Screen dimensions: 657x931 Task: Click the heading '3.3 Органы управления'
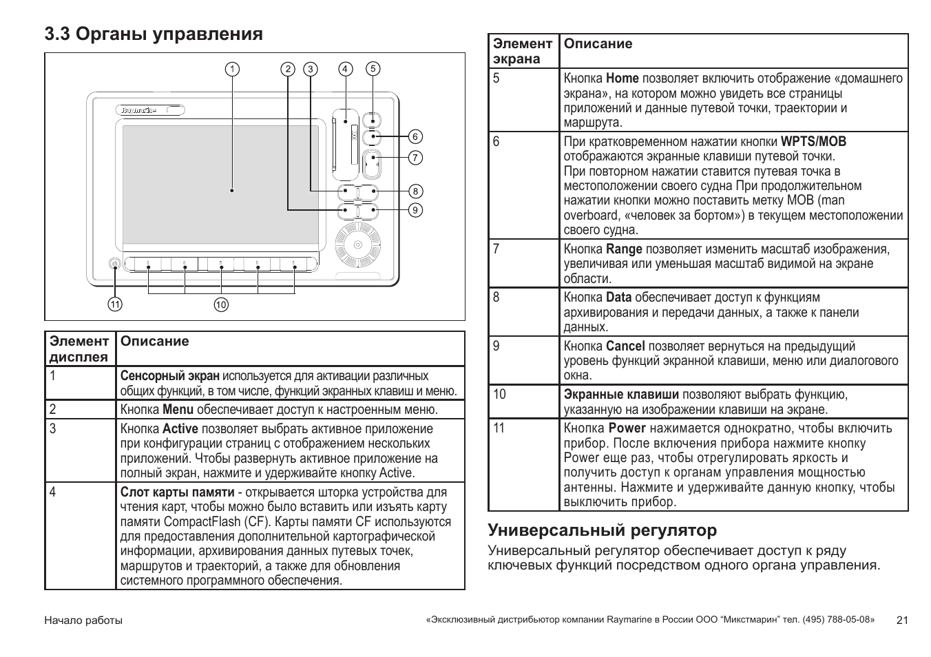click(153, 34)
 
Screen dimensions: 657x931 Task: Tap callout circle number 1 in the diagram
click(233, 69)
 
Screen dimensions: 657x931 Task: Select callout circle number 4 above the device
click(346, 69)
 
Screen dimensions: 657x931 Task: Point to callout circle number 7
click(415, 158)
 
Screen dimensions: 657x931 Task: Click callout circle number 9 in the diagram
click(415, 210)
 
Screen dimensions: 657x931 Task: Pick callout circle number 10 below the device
click(221, 304)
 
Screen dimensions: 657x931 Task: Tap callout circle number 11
click(114, 304)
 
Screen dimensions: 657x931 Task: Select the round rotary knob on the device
click(357, 245)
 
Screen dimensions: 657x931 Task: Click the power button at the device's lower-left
click(114, 264)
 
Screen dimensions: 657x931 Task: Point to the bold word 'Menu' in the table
click(178, 410)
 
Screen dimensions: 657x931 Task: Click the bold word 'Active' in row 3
click(180, 429)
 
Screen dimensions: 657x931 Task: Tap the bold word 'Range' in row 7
click(624, 249)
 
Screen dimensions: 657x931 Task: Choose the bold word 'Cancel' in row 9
click(625, 346)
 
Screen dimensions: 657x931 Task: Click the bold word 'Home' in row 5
click(622, 79)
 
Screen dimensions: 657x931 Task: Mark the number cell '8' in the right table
click(496, 298)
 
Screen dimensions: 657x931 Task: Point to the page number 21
click(902, 620)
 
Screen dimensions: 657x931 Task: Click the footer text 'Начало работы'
click(83, 620)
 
